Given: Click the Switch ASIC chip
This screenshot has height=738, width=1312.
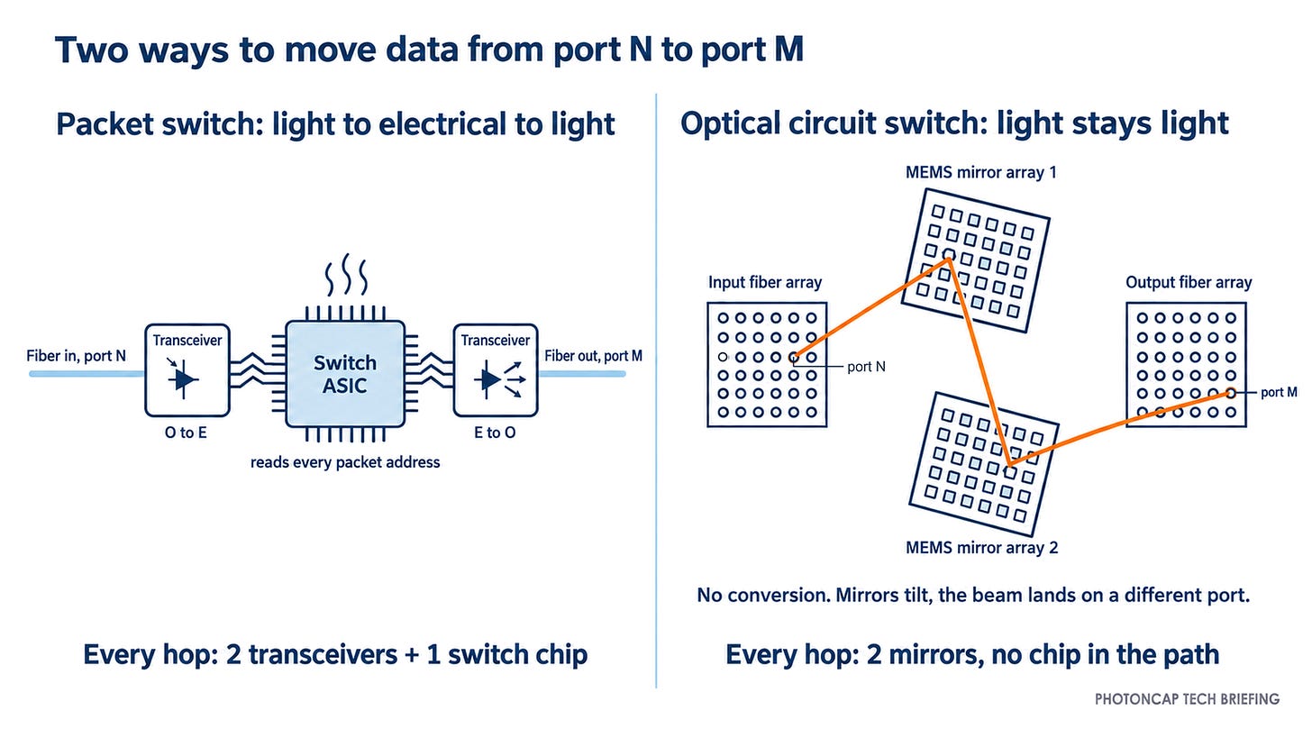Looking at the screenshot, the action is (345, 374).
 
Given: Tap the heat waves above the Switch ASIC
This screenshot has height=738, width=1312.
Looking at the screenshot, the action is (346, 274).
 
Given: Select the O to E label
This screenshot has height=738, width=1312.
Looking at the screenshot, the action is (186, 433).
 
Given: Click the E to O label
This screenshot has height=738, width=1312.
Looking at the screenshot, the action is (495, 433).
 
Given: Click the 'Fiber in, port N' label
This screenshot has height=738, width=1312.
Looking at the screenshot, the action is (76, 356).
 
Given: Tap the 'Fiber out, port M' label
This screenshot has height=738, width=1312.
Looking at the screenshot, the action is (593, 356).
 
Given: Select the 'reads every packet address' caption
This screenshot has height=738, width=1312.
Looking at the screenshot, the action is (345, 463).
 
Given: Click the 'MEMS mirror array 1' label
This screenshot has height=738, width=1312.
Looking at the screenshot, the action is (981, 173).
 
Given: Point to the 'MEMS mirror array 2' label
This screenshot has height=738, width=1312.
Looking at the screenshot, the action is (981, 548).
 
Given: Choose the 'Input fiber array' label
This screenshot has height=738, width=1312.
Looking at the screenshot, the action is (765, 283).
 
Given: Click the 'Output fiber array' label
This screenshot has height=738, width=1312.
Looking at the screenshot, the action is (1189, 283).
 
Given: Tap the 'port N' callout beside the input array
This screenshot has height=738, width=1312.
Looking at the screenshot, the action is (866, 368).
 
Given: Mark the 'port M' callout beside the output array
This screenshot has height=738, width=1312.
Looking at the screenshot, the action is (1279, 393).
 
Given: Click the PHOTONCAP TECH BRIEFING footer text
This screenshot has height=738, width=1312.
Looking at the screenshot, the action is (1188, 699).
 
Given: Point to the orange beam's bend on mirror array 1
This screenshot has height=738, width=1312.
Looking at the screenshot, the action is (948, 259).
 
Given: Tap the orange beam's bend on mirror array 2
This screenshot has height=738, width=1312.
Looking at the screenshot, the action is (1010, 465).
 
